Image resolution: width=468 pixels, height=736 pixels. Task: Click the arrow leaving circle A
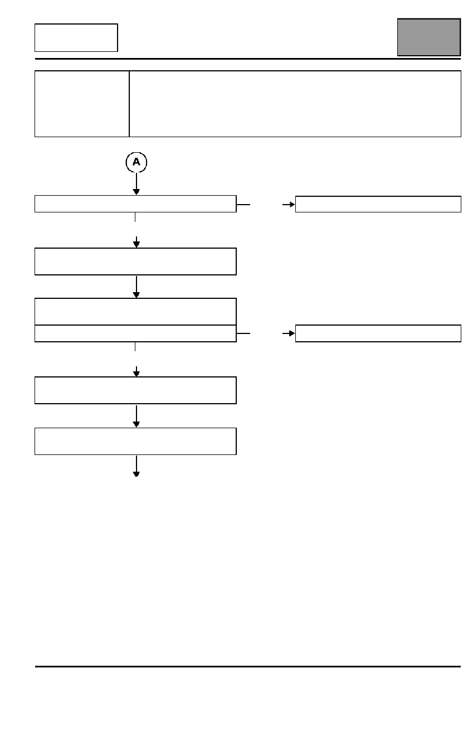tap(136, 183)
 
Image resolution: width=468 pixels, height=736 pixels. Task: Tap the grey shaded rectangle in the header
tap(429, 37)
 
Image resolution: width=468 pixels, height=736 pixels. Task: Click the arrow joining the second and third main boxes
tap(136, 287)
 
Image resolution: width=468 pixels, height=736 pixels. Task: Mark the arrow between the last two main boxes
tap(136, 417)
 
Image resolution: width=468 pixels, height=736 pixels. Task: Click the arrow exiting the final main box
tap(136, 466)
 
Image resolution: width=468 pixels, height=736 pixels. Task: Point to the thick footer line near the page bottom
tap(248, 667)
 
